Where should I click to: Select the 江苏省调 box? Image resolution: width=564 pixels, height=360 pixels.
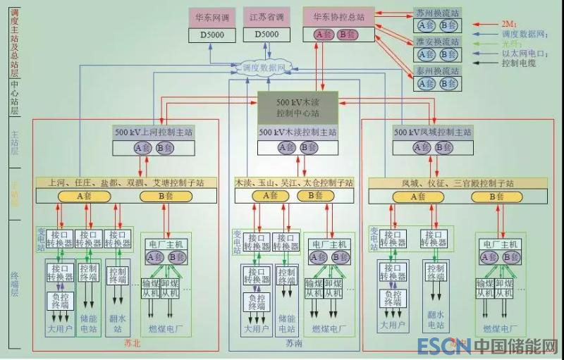(266, 15)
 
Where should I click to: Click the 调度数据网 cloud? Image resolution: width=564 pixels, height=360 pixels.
(262, 68)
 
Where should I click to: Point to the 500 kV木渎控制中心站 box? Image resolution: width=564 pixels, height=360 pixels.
(297, 106)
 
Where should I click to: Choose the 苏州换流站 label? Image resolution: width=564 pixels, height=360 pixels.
(437, 13)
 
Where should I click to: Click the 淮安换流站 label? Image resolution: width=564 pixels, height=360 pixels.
(437, 42)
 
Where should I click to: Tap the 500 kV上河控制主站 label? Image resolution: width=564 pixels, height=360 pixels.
(154, 132)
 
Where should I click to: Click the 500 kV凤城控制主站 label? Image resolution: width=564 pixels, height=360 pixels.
(432, 132)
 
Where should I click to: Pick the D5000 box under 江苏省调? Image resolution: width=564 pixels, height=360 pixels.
(266, 34)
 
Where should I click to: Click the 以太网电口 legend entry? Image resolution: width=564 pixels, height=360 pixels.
(525, 52)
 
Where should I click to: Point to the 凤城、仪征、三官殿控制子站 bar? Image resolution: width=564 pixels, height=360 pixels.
(448, 182)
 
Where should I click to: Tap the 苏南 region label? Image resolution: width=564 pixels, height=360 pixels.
(295, 345)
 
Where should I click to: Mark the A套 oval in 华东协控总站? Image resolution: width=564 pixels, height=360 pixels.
(324, 33)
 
